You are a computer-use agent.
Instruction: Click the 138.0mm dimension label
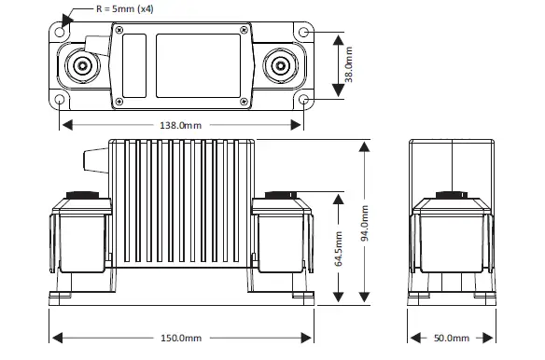point(182,123)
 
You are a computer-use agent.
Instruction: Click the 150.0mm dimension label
point(182,338)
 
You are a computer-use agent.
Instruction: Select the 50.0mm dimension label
point(450,338)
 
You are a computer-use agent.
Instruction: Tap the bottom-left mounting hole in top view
point(62,99)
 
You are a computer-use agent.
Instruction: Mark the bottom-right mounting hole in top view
point(304,99)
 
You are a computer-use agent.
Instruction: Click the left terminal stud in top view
point(82,66)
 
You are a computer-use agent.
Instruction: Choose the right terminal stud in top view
point(281,66)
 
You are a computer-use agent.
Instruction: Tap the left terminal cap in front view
point(78,197)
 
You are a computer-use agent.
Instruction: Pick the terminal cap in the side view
point(450,197)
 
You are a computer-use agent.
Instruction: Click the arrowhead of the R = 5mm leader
point(65,21)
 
